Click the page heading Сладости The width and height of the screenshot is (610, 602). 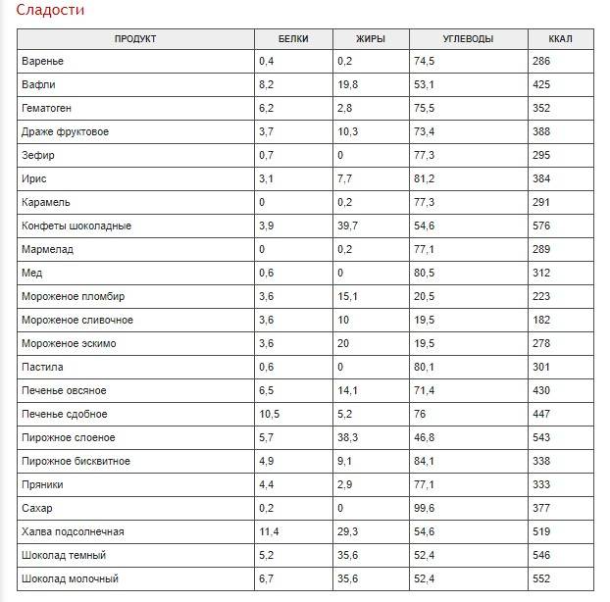click(x=50, y=10)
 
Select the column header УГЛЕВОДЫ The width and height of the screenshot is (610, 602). click(x=468, y=39)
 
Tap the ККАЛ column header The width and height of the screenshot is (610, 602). click(x=560, y=39)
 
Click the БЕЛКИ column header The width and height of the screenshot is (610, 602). click(x=293, y=39)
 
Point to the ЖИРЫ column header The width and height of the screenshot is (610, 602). click(x=371, y=39)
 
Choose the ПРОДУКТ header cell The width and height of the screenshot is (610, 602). click(x=135, y=39)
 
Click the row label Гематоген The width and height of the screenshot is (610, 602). click(x=46, y=108)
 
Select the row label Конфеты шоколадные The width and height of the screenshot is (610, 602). click(x=76, y=226)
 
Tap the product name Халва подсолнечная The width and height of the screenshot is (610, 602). click(x=73, y=531)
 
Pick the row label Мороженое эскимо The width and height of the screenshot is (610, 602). click(x=69, y=343)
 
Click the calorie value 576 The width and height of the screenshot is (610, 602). click(x=541, y=226)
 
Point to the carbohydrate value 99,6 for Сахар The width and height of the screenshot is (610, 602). click(x=424, y=508)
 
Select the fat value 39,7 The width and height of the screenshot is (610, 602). click(x=347, y=226)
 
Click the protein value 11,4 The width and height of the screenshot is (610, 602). click(x=269, y=531)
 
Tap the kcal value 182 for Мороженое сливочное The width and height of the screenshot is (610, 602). click(x=541, y=320)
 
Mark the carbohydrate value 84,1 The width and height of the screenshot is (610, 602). click(x=424, y=461)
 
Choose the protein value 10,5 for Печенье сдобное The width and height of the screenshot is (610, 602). click(x=270, y=414)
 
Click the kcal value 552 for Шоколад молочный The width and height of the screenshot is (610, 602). click(x=541, y=578)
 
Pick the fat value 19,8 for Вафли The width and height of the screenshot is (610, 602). click(x=347, y=84)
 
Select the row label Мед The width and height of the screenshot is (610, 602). click(x=32, y=273)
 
